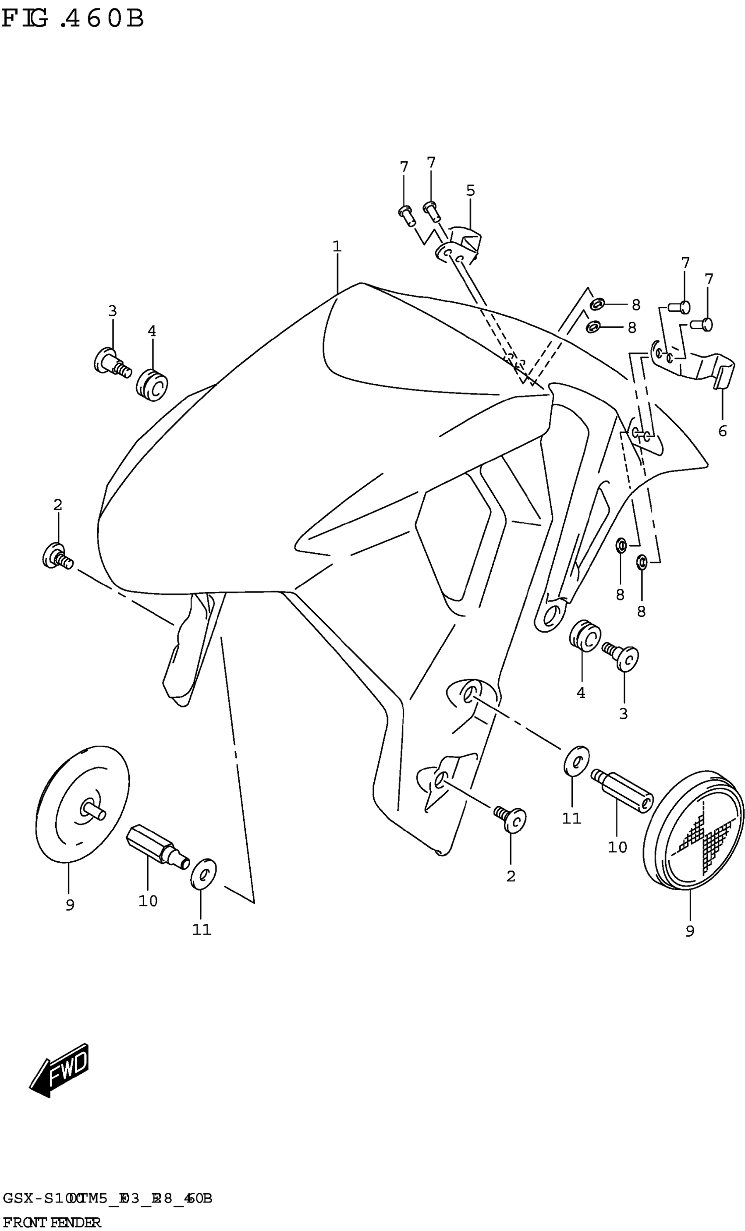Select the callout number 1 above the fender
337,246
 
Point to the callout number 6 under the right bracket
722,431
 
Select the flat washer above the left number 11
203,874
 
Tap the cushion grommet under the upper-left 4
152,385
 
